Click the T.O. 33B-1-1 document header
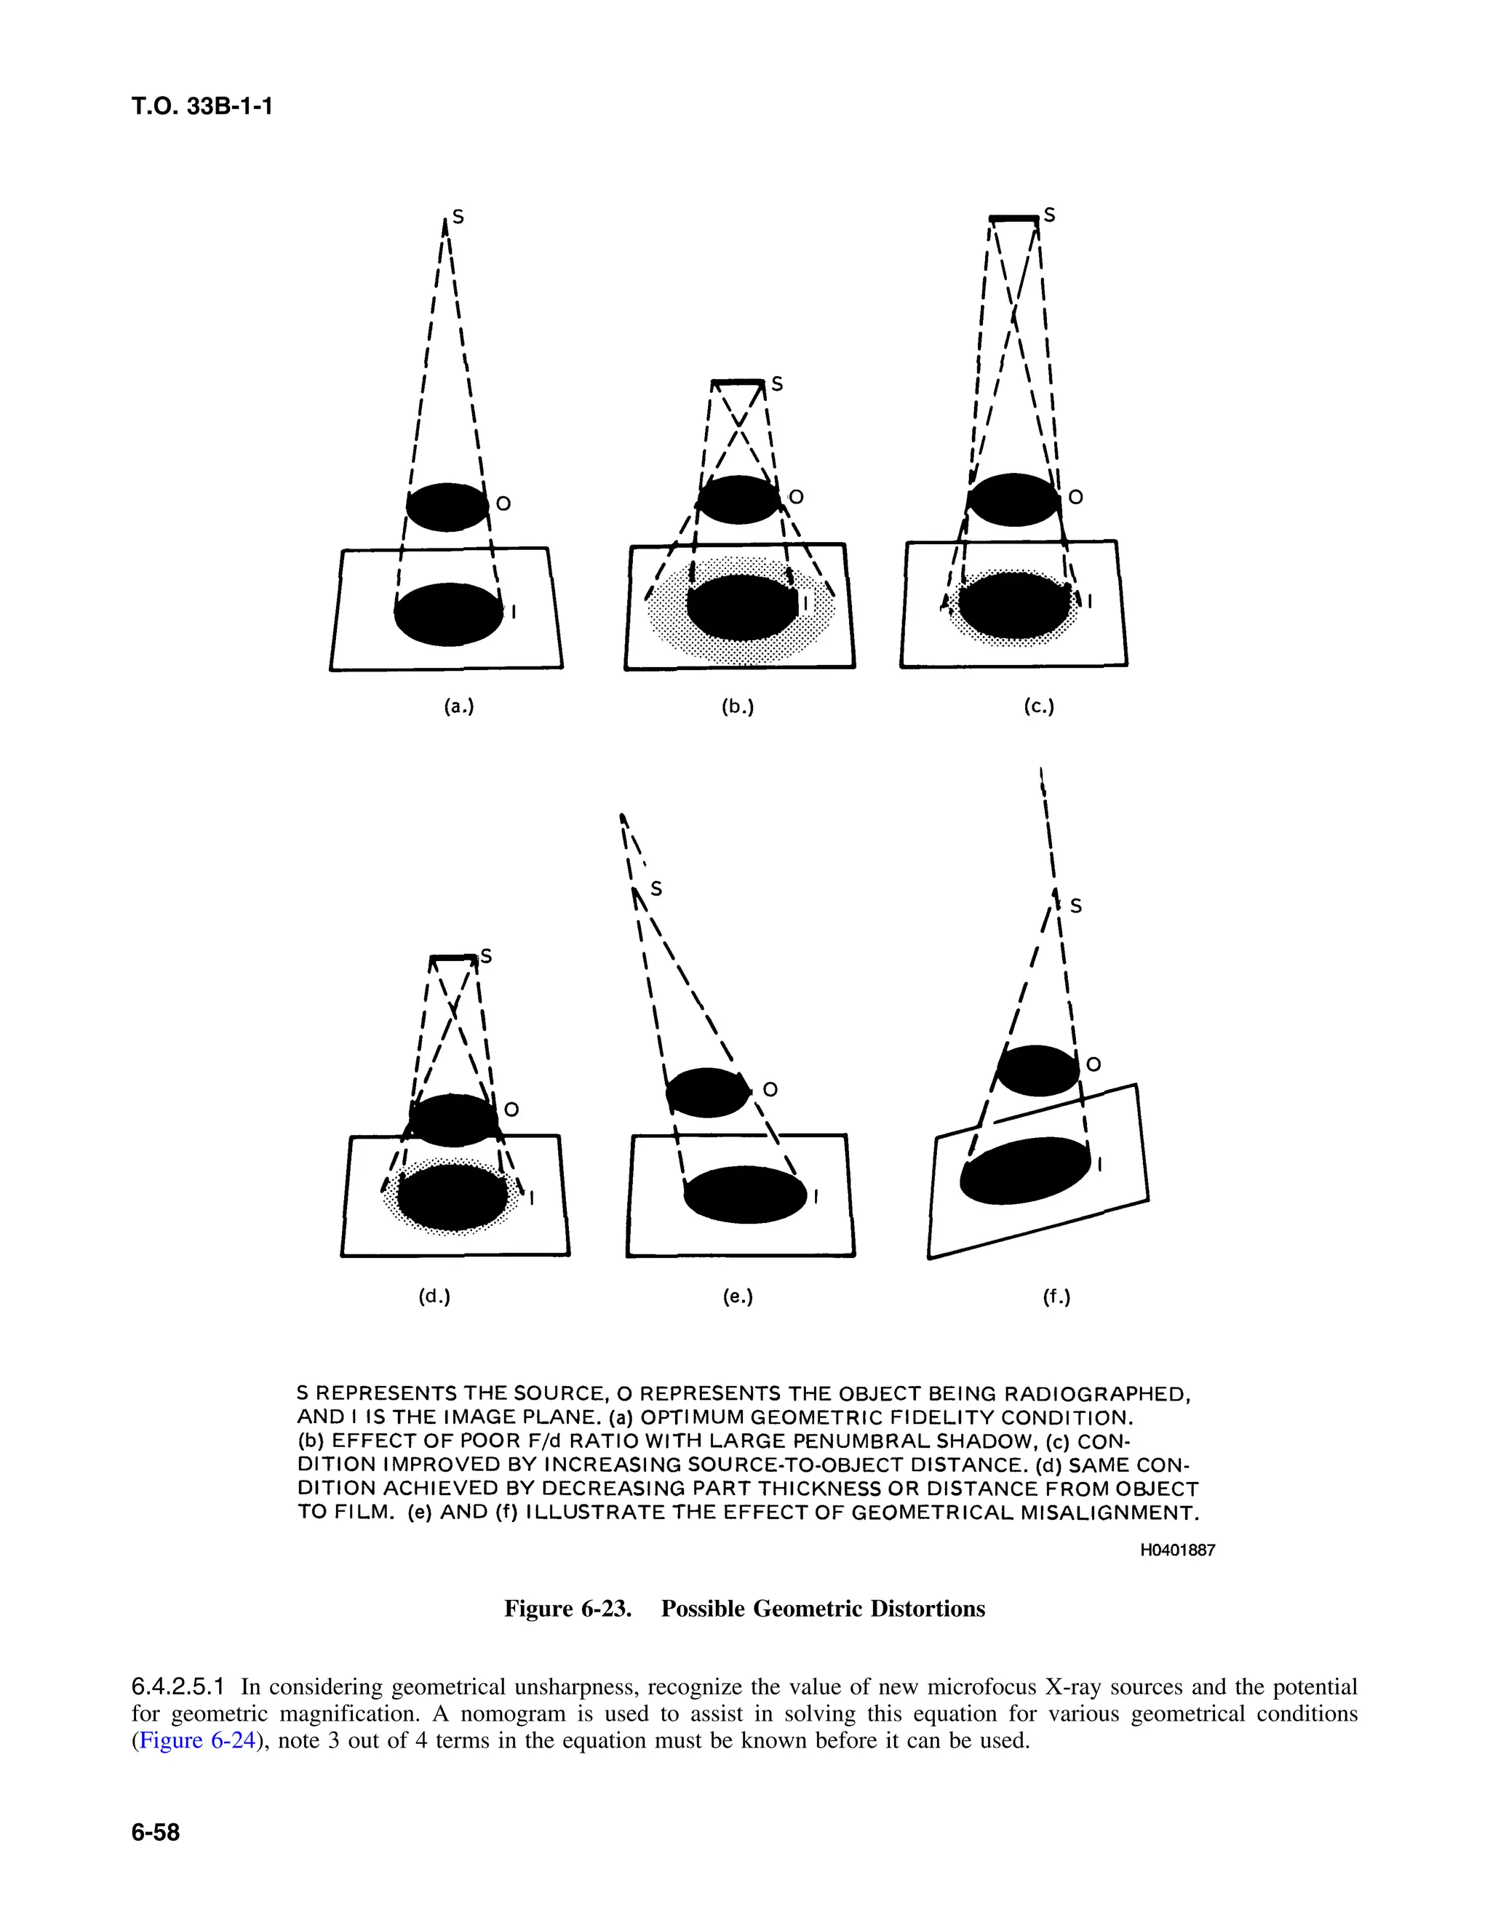point(202,107)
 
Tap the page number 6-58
point(156,1832)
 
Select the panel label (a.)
point(459,706)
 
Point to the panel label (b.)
point(738,706)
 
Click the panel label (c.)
point(1039,706)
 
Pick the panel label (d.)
point(434,1296)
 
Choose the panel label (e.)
point(738,1296)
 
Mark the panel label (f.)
point(1056,1296)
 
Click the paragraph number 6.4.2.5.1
point(180,1687)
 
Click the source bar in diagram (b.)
point(738,382)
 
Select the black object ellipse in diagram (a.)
point(447,506)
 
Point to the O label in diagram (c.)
point(1075,498)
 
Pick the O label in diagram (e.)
point(770,1091)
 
